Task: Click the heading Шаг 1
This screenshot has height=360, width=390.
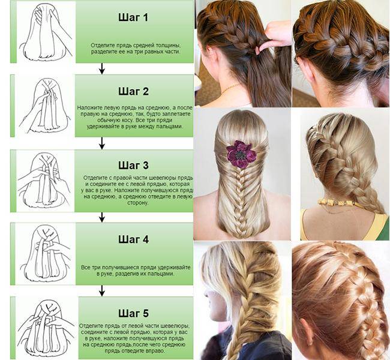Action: pos(133,17)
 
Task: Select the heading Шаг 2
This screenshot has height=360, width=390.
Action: pos(134,92)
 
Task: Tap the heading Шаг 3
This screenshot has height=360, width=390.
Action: pos(134,165)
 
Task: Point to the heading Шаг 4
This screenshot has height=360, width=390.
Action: pos(134,239)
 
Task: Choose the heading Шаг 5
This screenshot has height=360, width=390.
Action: pos(134,313)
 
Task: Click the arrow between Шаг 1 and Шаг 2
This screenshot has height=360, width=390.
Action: pos(101,68)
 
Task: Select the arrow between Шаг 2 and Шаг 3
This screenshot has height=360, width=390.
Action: pos(101,143)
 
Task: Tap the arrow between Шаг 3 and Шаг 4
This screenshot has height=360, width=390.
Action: pos(101,217)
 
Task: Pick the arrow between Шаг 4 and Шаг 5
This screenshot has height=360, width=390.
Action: pos(101,290)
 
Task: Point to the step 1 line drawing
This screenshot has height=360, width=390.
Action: pos(46,32)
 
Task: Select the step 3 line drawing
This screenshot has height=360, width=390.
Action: pos(44,181)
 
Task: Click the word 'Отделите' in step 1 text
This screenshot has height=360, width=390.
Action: pos(100,46)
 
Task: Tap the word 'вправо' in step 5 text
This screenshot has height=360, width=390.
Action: pos(157,351)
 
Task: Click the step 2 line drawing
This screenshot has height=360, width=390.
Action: pos(44,106)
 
